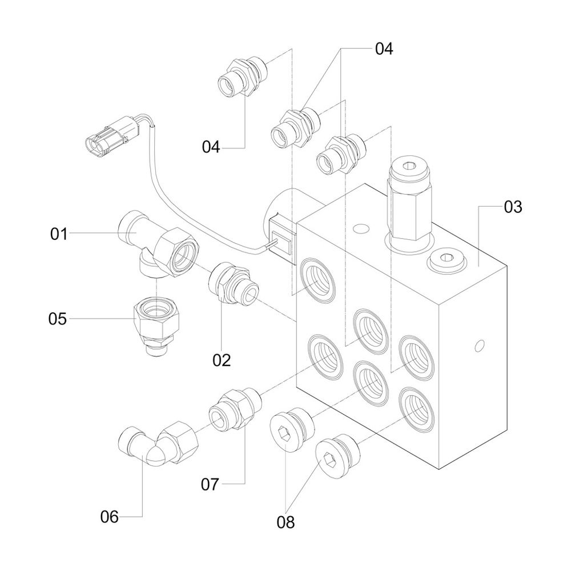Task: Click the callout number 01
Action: pyautogui.click(x=59, y=234)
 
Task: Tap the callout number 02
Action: pyautogui.click(x=222, y=360)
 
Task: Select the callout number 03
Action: pyautogui.click(x=513, y=207)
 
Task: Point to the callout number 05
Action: pyautogui.click(x=57, y=319)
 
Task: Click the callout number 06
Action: pyautogui.click(x=109, y=517)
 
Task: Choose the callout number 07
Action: pyautogui.click(x=210, y=485)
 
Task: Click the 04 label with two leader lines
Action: pyautogui.click(x=384, y=49)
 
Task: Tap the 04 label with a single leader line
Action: pyautogui.click(x=211, y=147)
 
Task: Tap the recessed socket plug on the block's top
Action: pyautogui.click(x=445, y=260)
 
